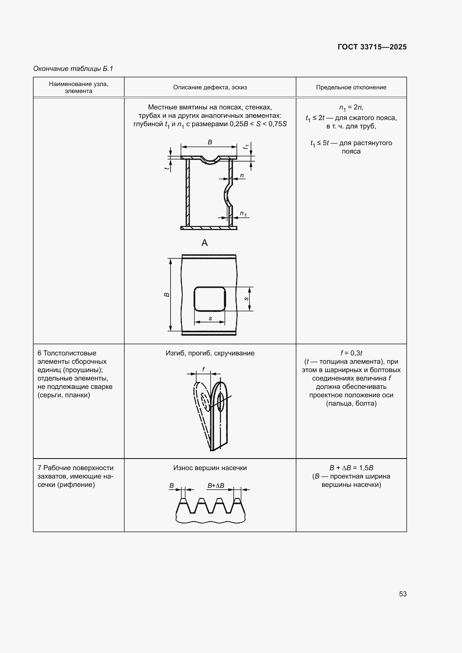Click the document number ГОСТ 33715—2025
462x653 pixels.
(x=372, y=47)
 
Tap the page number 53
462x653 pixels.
(x=403, y=594)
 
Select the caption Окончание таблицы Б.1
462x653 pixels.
(x=73, y=69)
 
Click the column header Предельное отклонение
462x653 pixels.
(x=351, y=87)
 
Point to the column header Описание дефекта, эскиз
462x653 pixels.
(x=210, y=87)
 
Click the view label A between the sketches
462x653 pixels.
(x=204, y=243)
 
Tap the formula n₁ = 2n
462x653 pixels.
(x=351, y=108)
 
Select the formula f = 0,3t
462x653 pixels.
(x=351, y=353)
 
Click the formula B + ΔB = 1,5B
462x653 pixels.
(x=351, y=468)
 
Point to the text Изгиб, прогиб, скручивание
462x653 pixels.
(x=210, y=353)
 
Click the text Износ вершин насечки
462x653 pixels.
(x=210, y=468)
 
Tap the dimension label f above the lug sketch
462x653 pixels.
(x=203, y=369)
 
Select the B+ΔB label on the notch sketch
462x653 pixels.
(x=216, y=485)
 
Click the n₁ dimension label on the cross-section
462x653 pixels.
(x=243, y=213)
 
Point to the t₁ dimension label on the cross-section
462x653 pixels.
(x=246, y=147)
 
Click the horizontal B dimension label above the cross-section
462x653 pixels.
(x=210, y=142)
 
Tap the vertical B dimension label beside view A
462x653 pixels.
(x=167, y=295)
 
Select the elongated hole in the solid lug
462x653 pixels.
(x=220, y=402)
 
